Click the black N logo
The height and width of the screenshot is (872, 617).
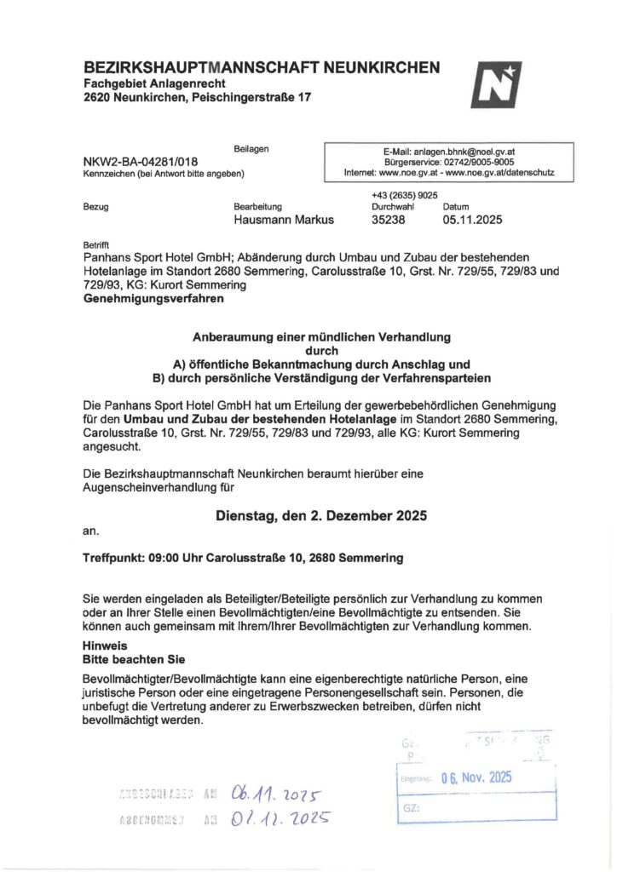pos(495,84)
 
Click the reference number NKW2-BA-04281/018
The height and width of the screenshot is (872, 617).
pos(141,161)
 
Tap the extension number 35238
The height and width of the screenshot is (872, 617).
pos(389,220)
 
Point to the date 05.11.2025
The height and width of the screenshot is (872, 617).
pos(472,220)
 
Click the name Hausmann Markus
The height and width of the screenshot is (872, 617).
pos(284,220)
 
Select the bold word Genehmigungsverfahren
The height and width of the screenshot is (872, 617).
pos(153,299)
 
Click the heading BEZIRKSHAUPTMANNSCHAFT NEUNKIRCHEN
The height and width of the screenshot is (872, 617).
pos(262,67)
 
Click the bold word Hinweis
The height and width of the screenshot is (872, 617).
pos(105,645)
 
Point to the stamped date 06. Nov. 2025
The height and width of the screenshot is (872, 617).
pos(476,777)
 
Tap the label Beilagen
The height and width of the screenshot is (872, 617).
pos(251,149)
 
